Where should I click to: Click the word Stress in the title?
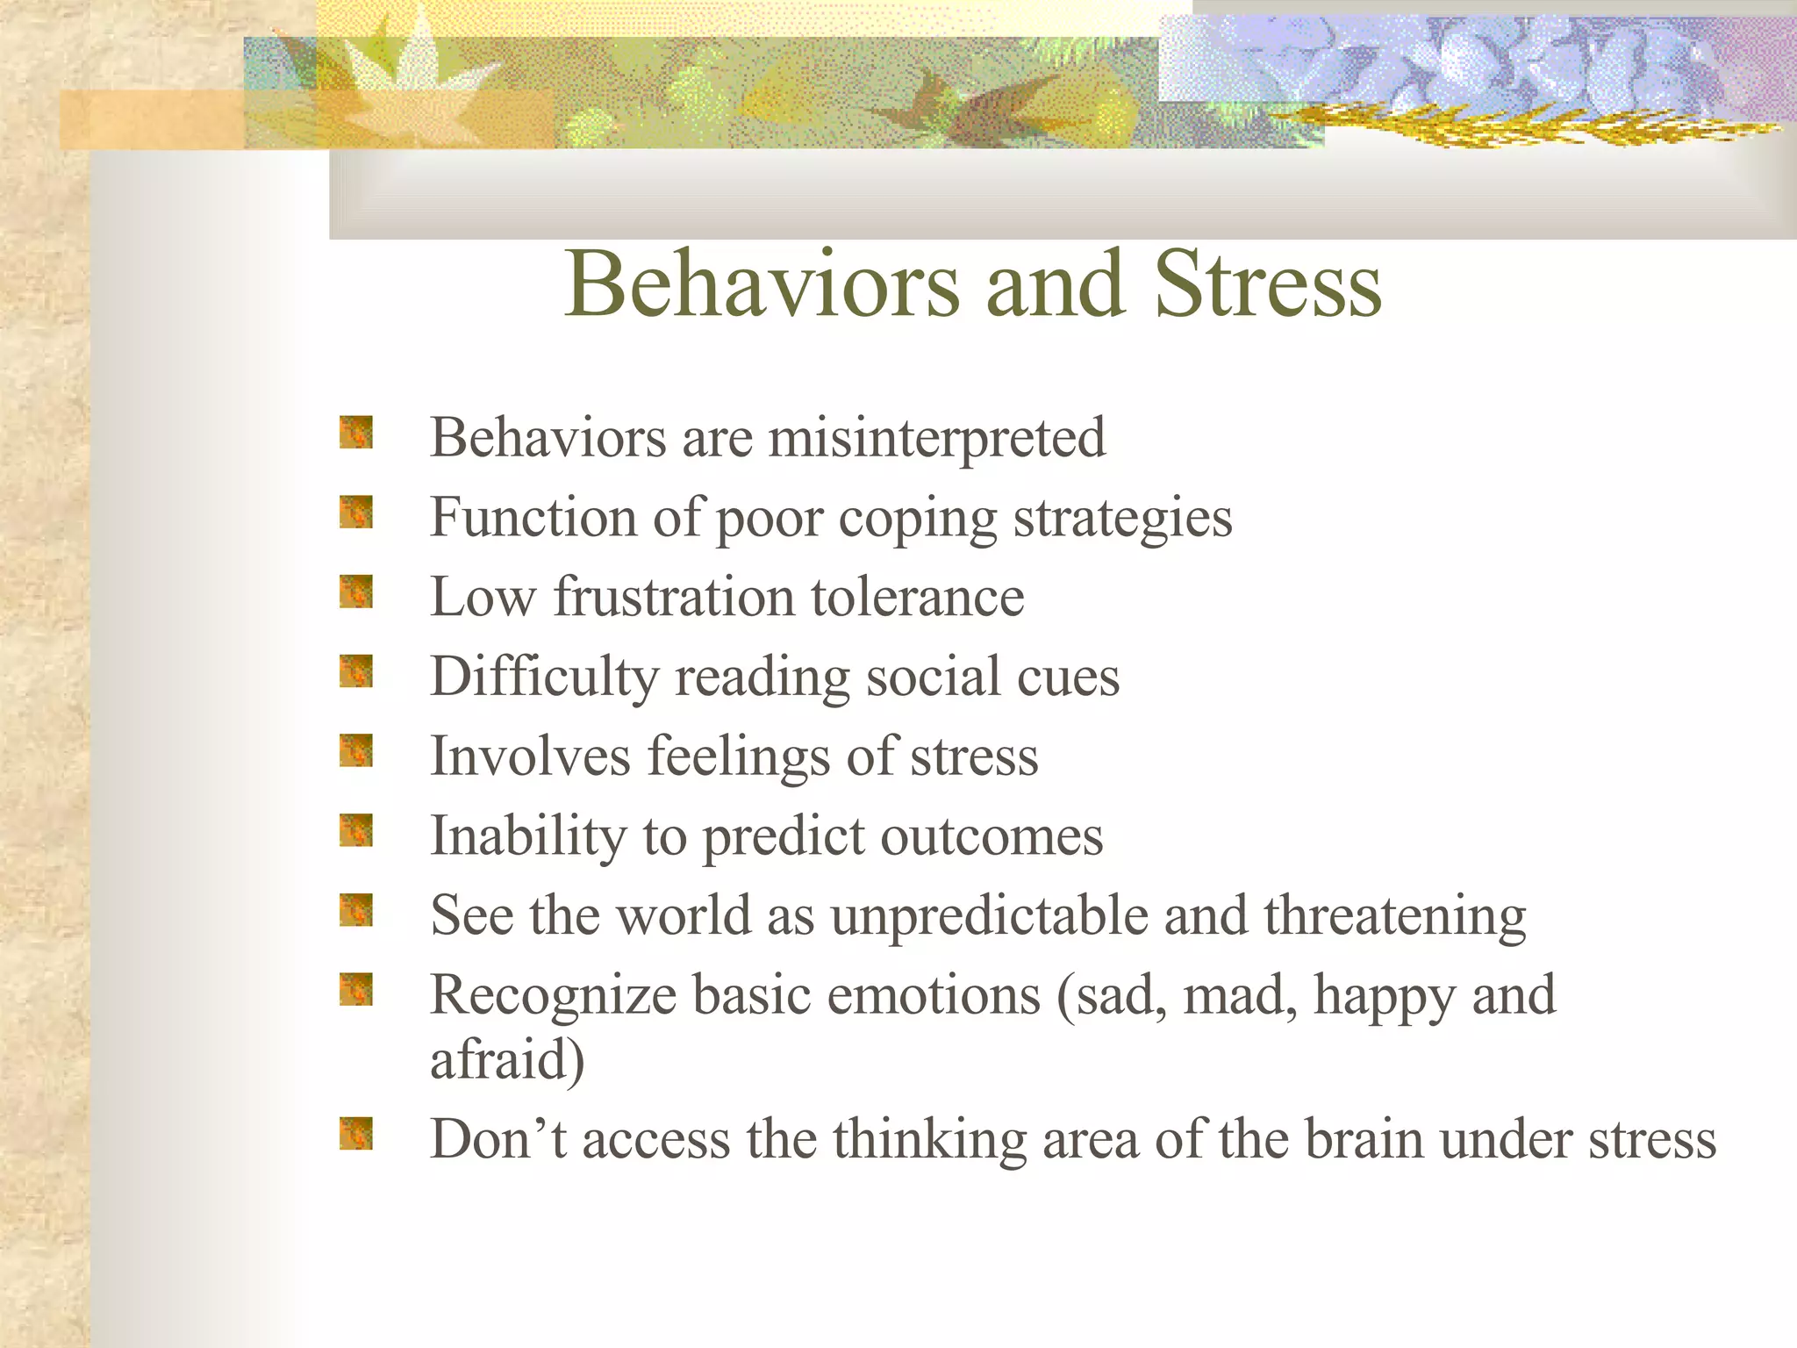click(x=1268, y=285)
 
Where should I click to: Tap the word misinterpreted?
click(x=936, y=439)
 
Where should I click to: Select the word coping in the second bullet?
click(x=918, y=519)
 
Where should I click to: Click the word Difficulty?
click(x=544, y=678)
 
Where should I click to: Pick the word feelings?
click(x=738, y=757)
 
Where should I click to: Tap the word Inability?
click(x=527, y=836)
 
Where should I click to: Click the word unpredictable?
click(x=989, y=916)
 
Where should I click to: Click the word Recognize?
click(x=553, y=996)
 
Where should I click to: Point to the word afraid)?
click(x=507, y=1060)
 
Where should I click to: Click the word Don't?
click(x=498, y=1140)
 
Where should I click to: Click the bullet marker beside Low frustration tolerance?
click(x=356, y=592)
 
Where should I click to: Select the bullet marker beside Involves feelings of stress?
click(x=356, y=751)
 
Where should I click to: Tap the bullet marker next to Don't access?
click(x=356, y=1134)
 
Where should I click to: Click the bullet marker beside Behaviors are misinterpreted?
click(x=356, y=433)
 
